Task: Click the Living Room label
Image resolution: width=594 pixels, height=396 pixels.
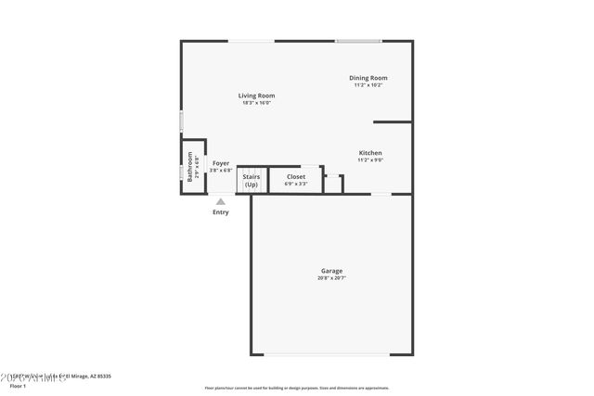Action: pos(256,96)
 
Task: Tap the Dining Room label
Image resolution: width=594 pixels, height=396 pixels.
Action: pos(368,78)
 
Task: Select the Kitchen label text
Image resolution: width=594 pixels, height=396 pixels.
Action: pos(370,153)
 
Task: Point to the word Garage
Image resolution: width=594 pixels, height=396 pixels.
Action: pos(330,272)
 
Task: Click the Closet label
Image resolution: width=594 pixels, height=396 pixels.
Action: pos(296,176)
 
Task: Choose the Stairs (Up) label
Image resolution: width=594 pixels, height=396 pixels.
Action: pos(251,180)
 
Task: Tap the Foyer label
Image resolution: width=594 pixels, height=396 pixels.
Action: pos(221,163)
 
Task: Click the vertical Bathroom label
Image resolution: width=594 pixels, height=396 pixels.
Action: pos(190,166)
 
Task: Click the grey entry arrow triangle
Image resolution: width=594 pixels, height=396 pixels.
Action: pos(221,200)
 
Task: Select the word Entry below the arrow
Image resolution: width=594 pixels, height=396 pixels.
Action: pos(221,212)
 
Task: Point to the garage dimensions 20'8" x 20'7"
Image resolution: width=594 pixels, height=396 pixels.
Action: pos(330,278)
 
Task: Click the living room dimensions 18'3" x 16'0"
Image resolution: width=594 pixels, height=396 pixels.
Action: pos(256,103)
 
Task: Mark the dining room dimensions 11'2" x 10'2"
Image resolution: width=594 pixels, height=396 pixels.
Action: pos(368,85)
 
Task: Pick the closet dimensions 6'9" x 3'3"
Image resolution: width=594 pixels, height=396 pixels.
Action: pos(296,184)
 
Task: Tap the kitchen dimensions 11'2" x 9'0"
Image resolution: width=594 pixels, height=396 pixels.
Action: pos(370,160)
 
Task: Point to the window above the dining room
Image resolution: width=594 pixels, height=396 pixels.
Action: pos(358,41)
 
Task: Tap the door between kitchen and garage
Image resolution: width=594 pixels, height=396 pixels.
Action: pos(381,194)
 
